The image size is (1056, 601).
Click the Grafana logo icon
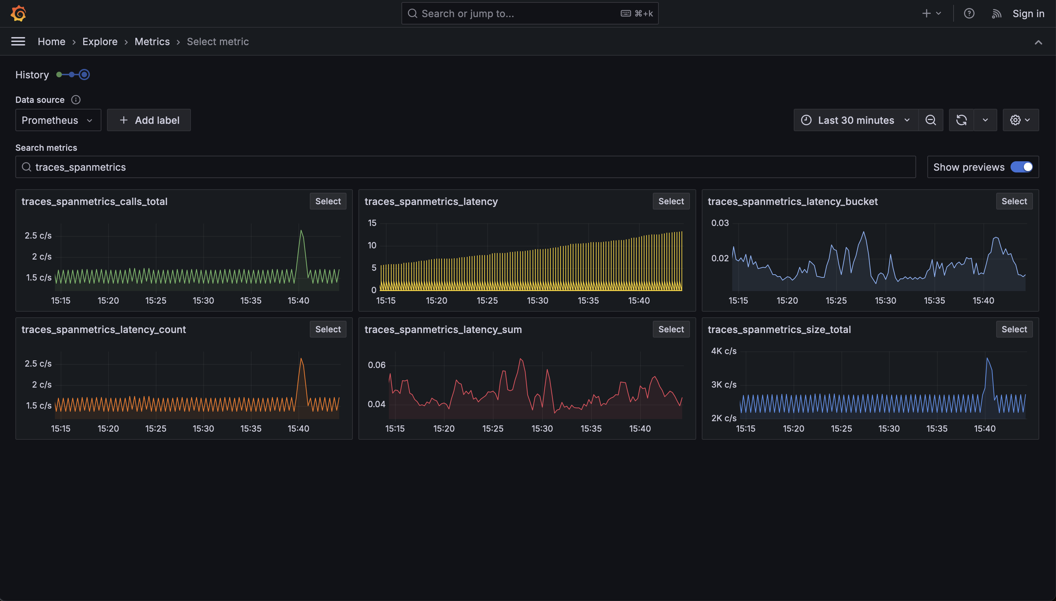[x=19, y=13]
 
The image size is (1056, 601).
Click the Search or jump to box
[x=530, y=14]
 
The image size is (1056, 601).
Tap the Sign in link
[x=1028, y=14]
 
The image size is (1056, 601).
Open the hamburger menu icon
[x=18, y=41]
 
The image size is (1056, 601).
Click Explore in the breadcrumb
[x=100, y=42]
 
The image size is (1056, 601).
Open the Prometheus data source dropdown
[x=58, y=120]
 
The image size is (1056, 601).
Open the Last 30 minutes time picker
[x=856, y=120]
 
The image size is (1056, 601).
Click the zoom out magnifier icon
[x=930, y=120]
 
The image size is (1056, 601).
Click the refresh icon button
[x=961, y=120]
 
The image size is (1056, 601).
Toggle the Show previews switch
[x=1021, y=167]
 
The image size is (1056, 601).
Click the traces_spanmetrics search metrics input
[x=465, y=167]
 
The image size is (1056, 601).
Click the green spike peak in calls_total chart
[x=301, y=231]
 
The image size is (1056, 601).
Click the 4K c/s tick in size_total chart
[x=723, y=351]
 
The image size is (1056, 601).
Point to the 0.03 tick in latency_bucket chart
[x=720, y=223]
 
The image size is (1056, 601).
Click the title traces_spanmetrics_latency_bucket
[x=792, y=201]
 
